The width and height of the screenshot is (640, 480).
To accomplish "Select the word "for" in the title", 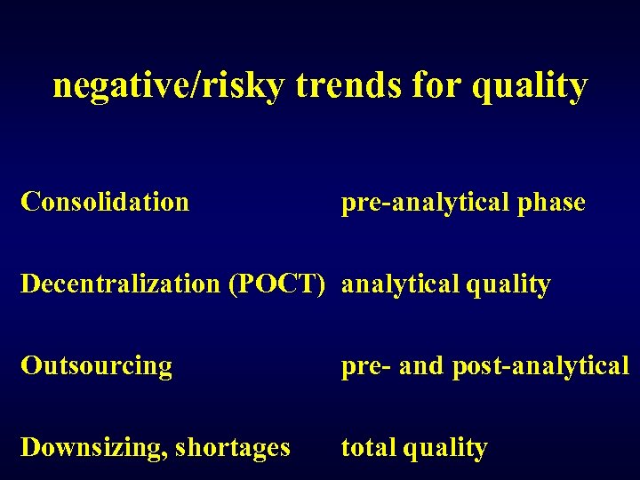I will point(436,86).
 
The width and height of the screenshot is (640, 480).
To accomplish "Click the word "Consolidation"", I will point(105,202).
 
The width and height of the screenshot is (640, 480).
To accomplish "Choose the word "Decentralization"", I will point(121,284).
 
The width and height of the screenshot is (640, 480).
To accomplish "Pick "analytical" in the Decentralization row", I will point(396,285).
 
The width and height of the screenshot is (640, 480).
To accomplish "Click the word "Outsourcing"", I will point(96,366).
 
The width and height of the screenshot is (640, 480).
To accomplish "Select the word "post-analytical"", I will point(540,366).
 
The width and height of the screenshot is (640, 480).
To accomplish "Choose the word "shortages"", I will point(233,448).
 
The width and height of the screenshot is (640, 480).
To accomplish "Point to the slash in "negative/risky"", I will point(183,86).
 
